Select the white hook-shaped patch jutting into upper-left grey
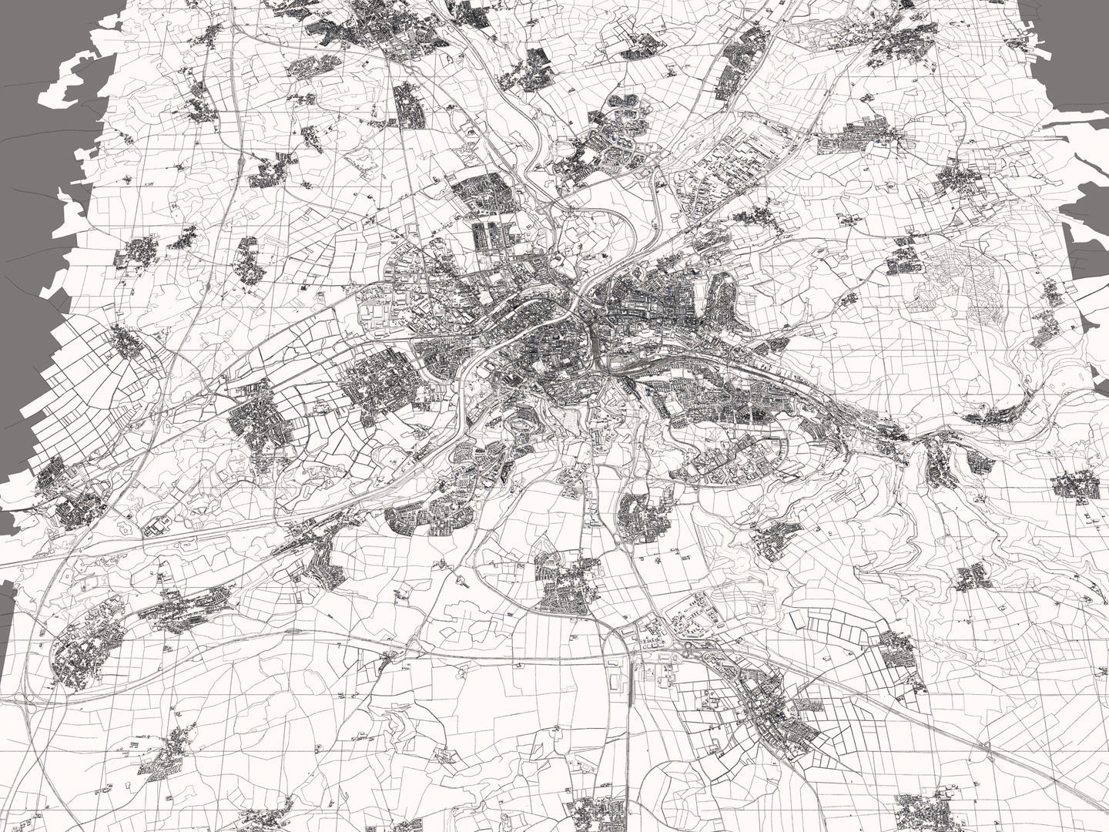73,85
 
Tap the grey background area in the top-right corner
1078,31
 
